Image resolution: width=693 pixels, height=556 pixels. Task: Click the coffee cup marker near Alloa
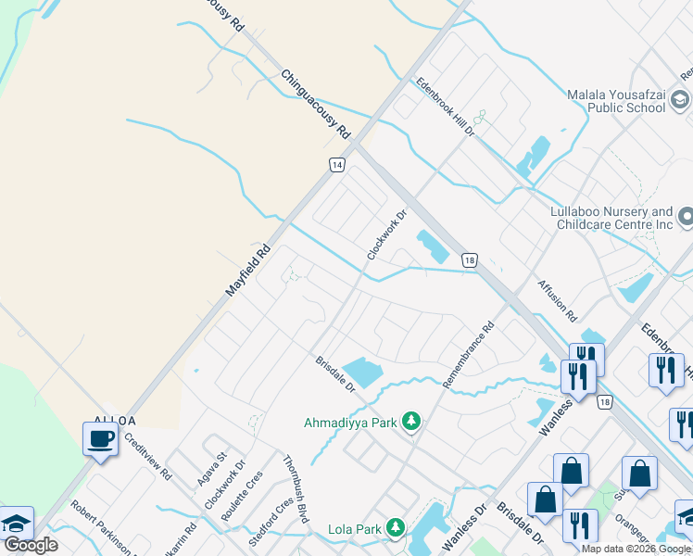click(x=101, y=439)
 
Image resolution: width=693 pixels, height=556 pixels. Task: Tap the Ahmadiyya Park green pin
click(x=412, y=423)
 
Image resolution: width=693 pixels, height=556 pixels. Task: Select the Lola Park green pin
click(x=396, y=529)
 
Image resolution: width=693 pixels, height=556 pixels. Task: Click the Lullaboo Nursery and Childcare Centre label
click(x=611, y=219)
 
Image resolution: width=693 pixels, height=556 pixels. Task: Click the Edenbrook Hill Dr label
click(x=446, y=107)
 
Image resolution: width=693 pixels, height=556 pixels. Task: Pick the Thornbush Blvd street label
click(x=295, y=489)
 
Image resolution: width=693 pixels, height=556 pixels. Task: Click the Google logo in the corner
click(x=31, y=545)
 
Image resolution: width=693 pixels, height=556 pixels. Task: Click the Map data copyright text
click(x=636, y=549)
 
